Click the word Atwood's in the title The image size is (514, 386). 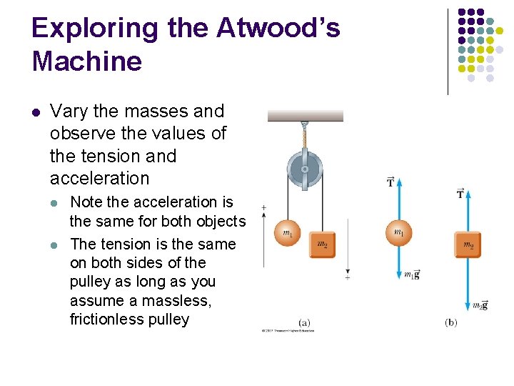[278, 29]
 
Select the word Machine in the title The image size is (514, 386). [87, 61]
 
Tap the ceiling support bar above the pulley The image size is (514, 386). [305, 116]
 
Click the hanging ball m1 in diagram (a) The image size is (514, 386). [288, 233]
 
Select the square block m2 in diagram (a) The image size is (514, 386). [322, 244]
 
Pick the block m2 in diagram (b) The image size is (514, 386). [468, 245]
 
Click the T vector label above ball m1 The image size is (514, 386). [390, 182]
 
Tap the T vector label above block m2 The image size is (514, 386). [460, 194]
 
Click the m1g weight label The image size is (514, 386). [411, 274]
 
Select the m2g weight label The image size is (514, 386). [480, 305]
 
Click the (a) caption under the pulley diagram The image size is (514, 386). [305, 322]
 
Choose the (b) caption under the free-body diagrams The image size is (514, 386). [450, 322]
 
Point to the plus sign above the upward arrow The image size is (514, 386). [264, 207]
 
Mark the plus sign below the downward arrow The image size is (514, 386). [348, 277]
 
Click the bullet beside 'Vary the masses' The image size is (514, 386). [36, 112]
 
